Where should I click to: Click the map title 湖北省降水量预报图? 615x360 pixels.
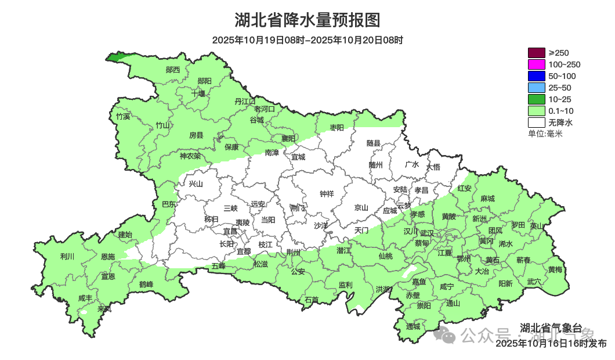pos(307,20)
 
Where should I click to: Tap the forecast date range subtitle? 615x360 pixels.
pos(307,40)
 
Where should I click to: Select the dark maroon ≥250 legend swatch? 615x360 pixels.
pos(536,53)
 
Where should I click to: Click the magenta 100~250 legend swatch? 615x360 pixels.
pos(536,64)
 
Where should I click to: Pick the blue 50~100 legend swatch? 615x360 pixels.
pos(536,76)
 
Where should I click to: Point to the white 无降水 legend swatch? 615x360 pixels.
pos(536,123)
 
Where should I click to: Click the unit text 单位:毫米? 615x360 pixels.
pos(545,134)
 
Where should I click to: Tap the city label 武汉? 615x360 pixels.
pos(426,232)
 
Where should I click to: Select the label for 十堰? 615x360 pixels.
pos(198,93)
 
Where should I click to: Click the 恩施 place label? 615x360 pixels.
pos(108,257)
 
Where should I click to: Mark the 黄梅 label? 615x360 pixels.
pos(555,269)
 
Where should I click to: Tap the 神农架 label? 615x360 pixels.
pos(190,156)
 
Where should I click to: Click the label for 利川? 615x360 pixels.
pos(67,256)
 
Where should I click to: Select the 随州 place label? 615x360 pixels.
pos(376,164)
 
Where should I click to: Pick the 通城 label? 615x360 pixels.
pos(413,326)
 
